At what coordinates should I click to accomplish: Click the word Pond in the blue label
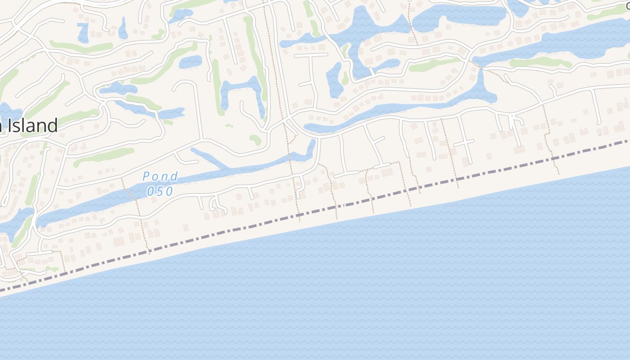(x=160, y=176)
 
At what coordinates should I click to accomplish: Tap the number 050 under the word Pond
(x=160, y=191)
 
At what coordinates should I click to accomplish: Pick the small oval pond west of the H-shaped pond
(x=190, y=62)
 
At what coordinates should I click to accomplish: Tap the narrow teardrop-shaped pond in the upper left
(x=122, y=29)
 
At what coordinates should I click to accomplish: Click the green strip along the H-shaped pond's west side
(x=217, y=85)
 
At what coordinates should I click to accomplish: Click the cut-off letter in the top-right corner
(x=627, y=5)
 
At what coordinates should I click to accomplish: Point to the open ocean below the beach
(x=360, y=292)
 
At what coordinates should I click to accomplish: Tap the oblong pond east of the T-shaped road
(x=334, y=79)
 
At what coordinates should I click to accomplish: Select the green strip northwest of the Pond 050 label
(x=104, y=156)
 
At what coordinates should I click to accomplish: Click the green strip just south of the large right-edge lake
(x=540, y=63)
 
